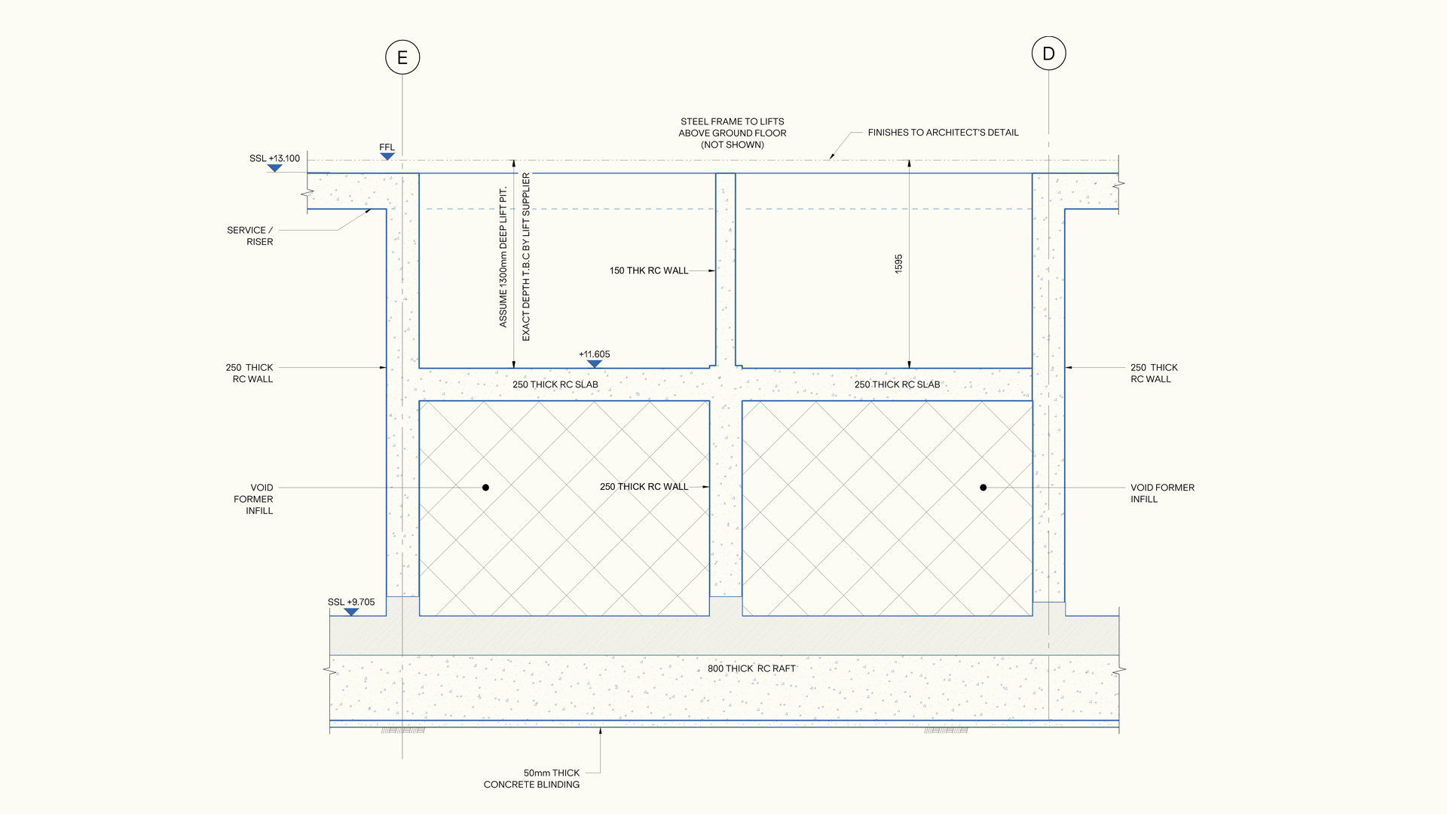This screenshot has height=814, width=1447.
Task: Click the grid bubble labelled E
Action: click(x=402, y=57)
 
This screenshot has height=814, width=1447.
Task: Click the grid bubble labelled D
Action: click(x=1048, y=54)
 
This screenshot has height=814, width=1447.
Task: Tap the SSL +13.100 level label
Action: click(x=274, y=158)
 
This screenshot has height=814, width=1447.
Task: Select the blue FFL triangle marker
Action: click(x=387, y=157)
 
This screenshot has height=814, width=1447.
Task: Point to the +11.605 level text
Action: click(x=595, y=354)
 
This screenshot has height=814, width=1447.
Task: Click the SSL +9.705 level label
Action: click(x=351, y=602)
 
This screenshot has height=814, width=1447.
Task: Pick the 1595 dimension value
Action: click(x=898, y=264)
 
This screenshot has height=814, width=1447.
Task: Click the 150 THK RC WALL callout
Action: click(x=649, y=271)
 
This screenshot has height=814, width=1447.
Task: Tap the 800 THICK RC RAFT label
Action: click(x=751, y=669)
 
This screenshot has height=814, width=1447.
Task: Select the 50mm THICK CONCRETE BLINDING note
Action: click(x=532, y=779)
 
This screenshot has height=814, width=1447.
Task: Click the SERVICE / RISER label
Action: click(x=250, y=236)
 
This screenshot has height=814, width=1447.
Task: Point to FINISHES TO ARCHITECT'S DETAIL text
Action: click(x=943, y=133)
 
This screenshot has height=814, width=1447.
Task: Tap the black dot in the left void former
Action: click(x=485, y=488)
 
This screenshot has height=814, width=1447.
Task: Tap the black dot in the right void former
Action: click(x=983, y=488)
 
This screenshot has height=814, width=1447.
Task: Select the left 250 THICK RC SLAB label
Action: click(x=555, y=384)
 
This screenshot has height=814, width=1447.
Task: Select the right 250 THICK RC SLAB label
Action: click(x=897, y=384)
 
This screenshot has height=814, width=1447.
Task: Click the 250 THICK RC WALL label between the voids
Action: click(x=644, y=487)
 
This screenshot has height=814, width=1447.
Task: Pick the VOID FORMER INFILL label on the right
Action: click(x=1162, y=494)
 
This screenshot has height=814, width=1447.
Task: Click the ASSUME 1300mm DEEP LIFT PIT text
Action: click(x=503, y=257)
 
